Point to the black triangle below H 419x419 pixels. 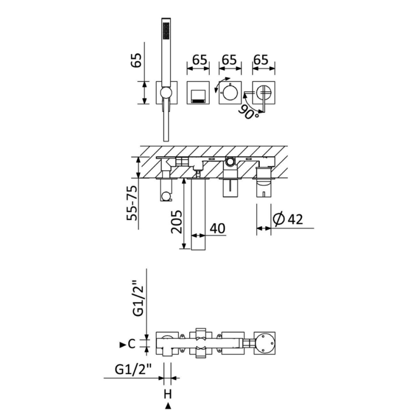tap(168, 406)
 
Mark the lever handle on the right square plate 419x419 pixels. tap(263, 99)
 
